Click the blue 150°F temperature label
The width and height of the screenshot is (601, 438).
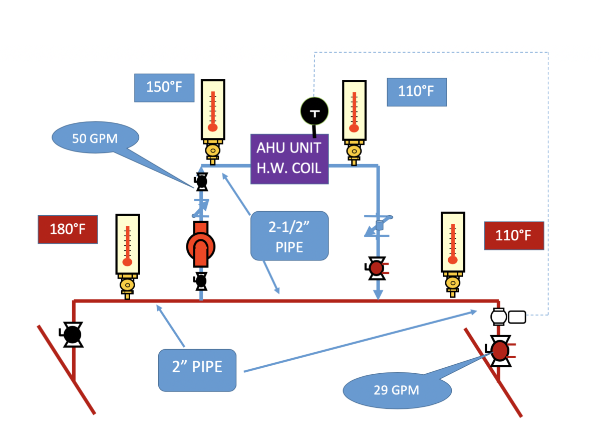pyautogui.click(x=164, y=88)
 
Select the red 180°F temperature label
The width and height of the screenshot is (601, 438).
pyautogui.click(x=68, y=230)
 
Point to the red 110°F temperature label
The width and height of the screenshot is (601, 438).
pyautogui.click(x=514, y=235)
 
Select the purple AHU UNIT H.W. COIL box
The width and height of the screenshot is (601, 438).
pyautogui.click(x=288, y=159)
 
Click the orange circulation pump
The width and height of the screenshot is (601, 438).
pyautogui.click(x=201, y=245)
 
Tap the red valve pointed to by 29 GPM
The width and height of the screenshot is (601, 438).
pyautogui.click(x=499, y=351)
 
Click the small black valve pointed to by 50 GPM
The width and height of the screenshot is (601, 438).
pyautogui.click(x=201, y=182)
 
